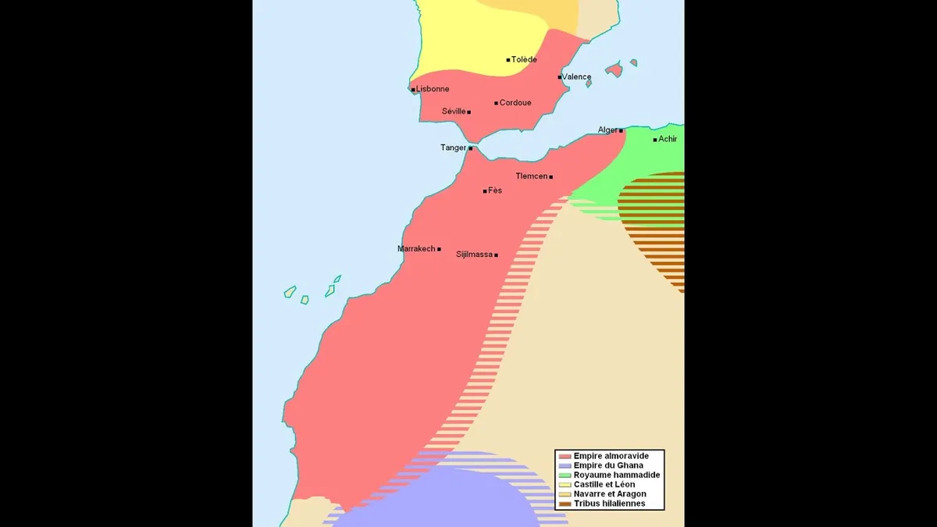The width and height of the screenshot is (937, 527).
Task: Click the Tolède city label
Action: [524, 59]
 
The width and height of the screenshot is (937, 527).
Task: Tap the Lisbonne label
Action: [433, 89]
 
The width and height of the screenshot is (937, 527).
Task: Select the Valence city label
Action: [577, 77]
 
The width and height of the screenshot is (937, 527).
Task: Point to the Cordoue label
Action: [515, 103]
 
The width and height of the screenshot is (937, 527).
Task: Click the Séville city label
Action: [454, 112]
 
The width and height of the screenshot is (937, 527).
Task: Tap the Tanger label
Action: [453, 148]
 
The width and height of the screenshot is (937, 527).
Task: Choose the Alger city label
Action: [607, 130]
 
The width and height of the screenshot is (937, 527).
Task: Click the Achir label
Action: [668, 139]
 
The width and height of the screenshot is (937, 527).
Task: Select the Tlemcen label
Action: [531, 176]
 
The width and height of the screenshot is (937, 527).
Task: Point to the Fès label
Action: [495, 191]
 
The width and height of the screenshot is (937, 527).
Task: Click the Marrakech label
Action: [416, 249]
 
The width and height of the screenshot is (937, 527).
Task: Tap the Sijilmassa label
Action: [474, 255]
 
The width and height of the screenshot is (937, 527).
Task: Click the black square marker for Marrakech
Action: [439, 249]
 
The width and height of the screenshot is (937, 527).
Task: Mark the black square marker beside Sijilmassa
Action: [496, 255]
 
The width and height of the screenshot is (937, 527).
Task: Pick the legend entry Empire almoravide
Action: [611, 456]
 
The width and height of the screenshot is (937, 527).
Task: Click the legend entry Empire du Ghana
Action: [608, 465]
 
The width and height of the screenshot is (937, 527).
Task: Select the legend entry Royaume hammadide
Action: [616, 475]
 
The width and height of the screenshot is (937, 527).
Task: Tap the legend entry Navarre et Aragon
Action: [610, 494]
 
